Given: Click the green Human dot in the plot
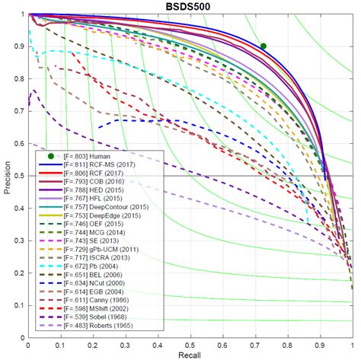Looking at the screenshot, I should click(x=264, y=46).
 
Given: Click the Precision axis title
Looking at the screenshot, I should click(x=6, y=176).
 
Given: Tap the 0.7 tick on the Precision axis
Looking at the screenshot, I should click(x=18, y=111).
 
